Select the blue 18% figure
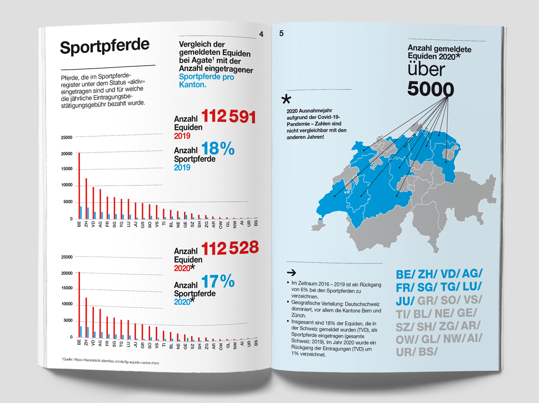click(x=218, y=149)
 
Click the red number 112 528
click(x=230, y=248)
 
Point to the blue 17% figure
click(x=218, y=282)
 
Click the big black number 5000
click(x=431, y=89)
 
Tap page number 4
click(x=261, y=34)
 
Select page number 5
click(x=281, y=34)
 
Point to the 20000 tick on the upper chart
click(x=66, y=154)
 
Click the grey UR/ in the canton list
click(x=405, y=352)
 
